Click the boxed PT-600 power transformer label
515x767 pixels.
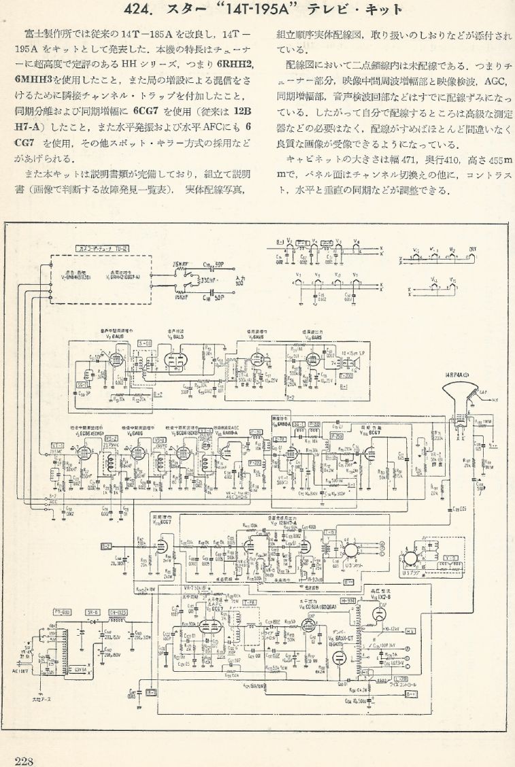pos(63,613)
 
